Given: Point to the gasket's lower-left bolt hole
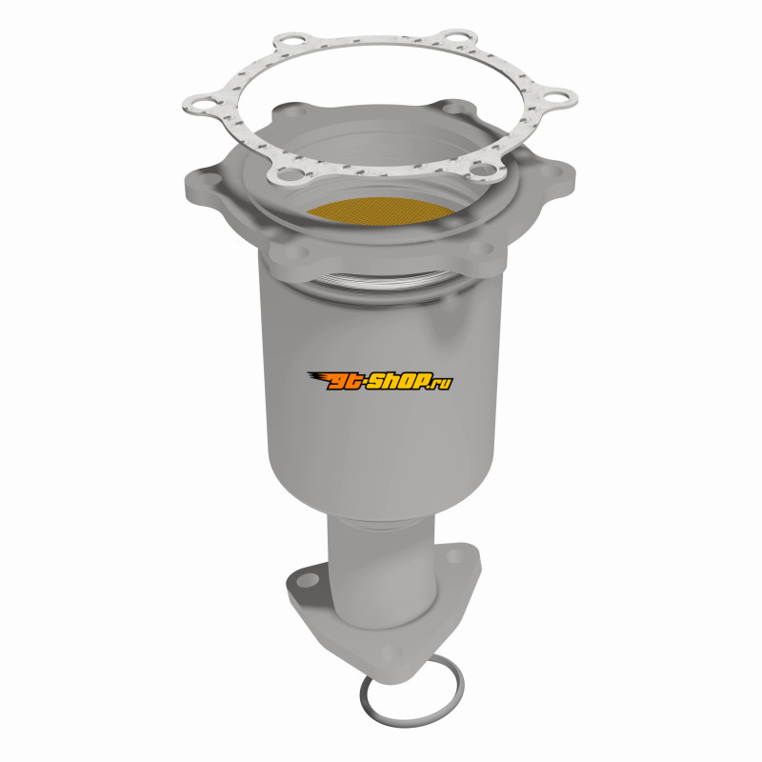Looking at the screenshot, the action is tap(289, 173).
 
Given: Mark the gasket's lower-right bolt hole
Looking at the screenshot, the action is tap(483, 170).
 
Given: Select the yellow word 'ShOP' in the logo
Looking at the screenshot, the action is tap(398, 382).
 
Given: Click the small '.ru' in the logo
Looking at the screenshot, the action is tap(442, 384).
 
